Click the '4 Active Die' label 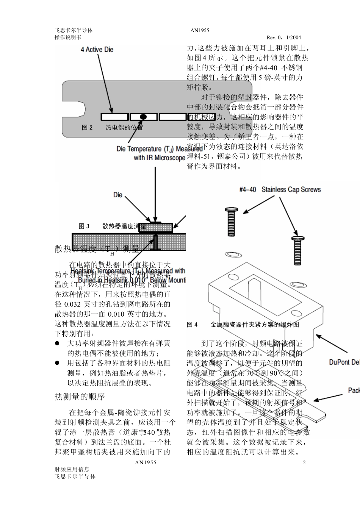point(97,50)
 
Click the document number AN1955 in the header point(200,30)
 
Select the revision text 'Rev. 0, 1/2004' point(283,37)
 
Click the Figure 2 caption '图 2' point(87,128)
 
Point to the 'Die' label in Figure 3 point(118,195)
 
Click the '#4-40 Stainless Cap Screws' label point(280,189)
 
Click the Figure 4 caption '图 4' point(192,325)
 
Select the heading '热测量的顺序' point(80,397)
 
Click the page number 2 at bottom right point(304,462)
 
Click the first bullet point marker point(58,343)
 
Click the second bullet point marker point(58,363)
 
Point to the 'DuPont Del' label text point(344,362)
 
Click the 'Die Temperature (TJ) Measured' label point(159,149)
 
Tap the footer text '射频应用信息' point(72,469)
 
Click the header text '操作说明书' point(68,37)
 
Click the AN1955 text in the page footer point(146,462)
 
